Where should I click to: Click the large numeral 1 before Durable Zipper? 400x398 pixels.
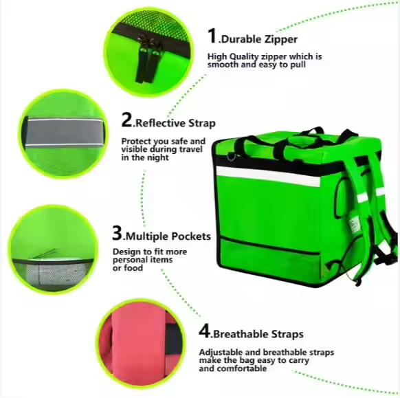click(x=212, y=36)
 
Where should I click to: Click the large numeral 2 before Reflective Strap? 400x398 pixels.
click(x=126, y=120)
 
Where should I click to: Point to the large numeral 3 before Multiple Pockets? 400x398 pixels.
click(x=118, y=232)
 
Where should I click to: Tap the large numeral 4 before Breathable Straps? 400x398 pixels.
click(x=205, y=331)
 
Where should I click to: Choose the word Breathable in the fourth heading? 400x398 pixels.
click(x=241, y=334)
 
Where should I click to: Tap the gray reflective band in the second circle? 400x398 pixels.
click(x=65, y=132)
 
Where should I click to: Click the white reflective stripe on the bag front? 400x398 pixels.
click(x=268, y=176)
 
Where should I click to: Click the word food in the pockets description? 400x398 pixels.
click(x=133, y=268)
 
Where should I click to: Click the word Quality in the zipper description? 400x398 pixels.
click(x=244, y=57)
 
